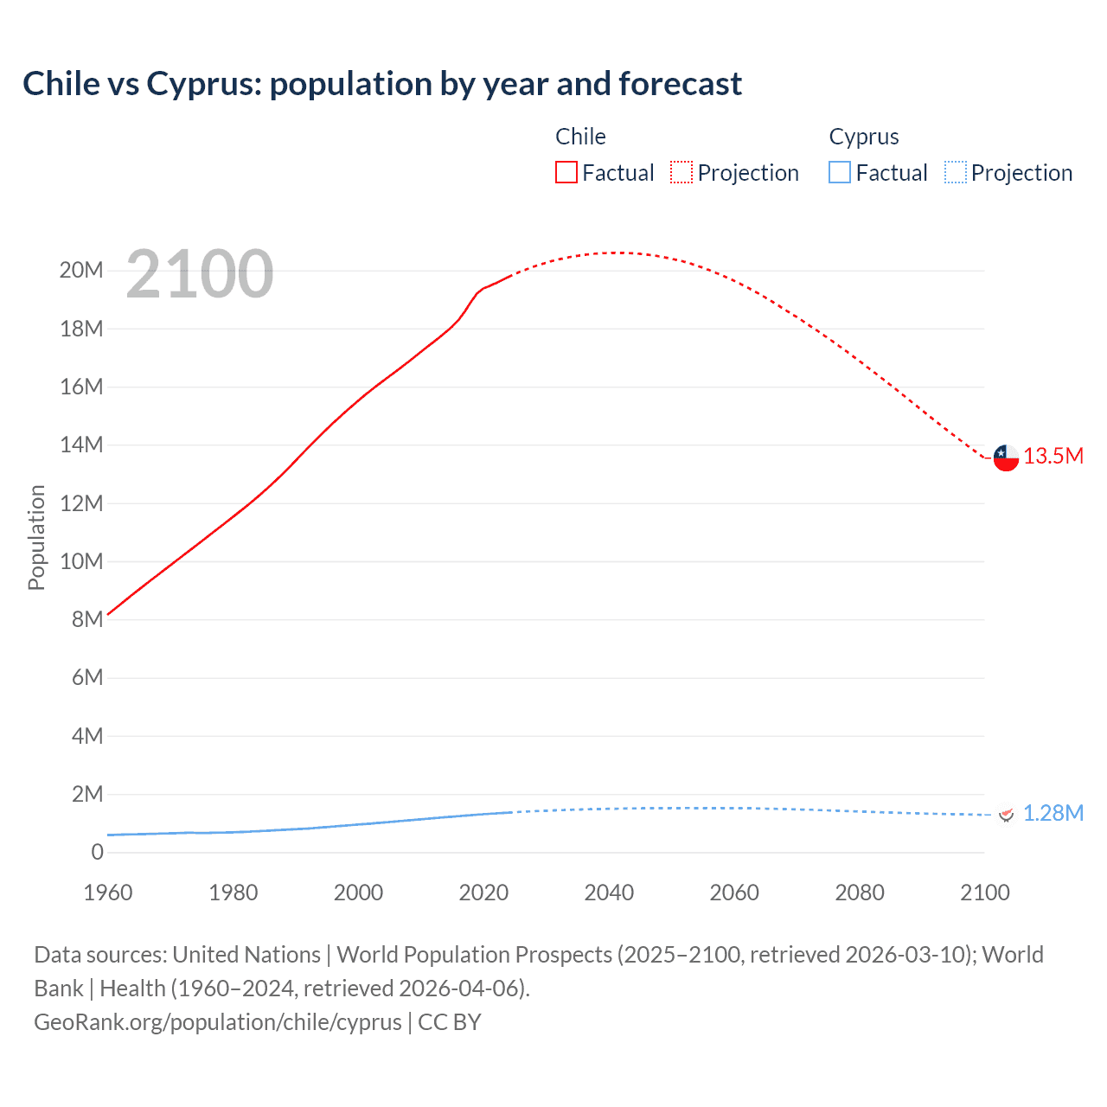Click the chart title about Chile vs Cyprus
(x=381, y=84)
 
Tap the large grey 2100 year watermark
(x=200, y=274)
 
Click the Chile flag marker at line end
(x=1006, y=458)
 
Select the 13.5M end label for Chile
(x=1053, y=457)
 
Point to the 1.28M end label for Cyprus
(x=1053, y=814)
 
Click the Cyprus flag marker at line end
(x=1006, y=815)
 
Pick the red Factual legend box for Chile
(x=566, y=173)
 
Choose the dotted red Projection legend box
(x=681, y=173)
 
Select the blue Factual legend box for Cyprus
(x=840, y=173)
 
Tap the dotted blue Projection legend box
(x=956, y=173)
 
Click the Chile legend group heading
(x=580, y=137)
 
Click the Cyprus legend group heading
(x=863, y=137)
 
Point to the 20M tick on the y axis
(x=81, y=271)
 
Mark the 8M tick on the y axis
(x=86, y=619)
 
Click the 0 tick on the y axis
(x=97, y=852)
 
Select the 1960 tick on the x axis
(x=108, y=893)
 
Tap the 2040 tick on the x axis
(x=609, y=893)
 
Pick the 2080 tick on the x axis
(x=860, y=893)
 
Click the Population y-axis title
(x=36, y=537)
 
